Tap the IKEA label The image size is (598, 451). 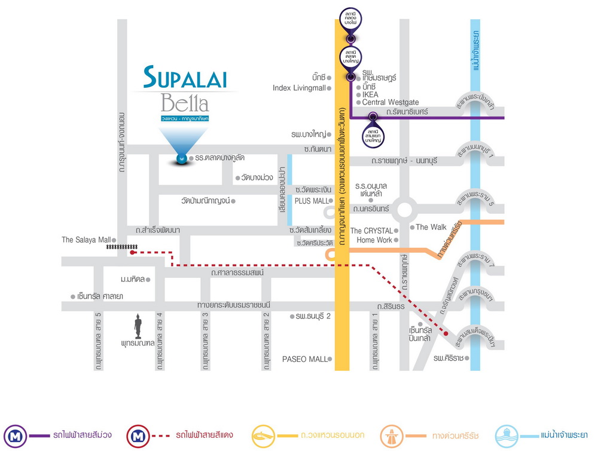(370, 94)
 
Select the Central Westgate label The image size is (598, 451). (390, 103)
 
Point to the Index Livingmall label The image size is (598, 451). (299, 88)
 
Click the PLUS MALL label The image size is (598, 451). (312, 201)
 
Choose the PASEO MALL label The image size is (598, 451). (305, 359)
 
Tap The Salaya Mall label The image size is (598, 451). (85, 240)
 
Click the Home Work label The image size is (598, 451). (374, 240)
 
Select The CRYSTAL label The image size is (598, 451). (371, 231)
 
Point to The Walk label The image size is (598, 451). (431, 227)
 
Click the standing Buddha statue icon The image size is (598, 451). (138, 326)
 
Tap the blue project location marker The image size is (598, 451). (181, 159)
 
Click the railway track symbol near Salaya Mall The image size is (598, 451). (121, 246)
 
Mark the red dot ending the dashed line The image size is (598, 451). (446, 333)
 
